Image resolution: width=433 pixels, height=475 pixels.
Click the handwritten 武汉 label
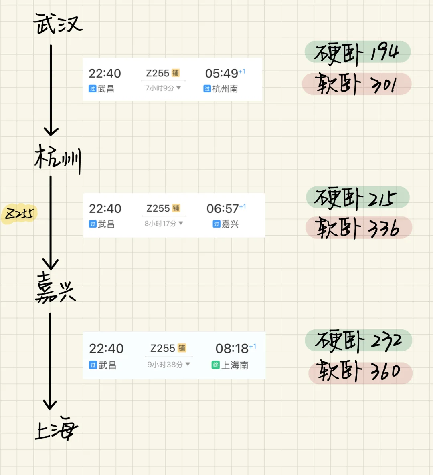click(57, 23)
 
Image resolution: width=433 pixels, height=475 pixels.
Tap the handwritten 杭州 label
click(57, 158)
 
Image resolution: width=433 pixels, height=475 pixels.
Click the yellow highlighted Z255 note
click(19, 214)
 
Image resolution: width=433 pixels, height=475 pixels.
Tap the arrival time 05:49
click(222, 74)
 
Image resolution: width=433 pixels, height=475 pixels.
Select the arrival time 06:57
click(223, 209)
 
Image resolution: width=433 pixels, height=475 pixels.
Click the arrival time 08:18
click(232, 349)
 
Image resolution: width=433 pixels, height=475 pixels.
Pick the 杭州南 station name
click(225, 89)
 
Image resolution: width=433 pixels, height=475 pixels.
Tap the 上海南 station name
click(235, 365)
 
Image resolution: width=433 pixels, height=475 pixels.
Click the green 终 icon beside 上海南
click(216, 365)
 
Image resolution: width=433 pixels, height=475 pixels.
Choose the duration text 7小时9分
click(160, 88)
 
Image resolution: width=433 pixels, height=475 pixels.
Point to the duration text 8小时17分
click(160, 223)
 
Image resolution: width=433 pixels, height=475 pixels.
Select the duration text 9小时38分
click(165, 365)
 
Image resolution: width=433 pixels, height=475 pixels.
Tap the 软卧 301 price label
click(357, 84)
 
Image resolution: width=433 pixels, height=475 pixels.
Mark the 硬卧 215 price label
click(357, 198)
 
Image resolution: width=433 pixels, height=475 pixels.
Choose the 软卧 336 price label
click(358, 227)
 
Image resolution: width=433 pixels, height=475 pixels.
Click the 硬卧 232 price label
click(358, 341)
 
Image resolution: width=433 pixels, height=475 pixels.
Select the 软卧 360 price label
click(360, 372)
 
